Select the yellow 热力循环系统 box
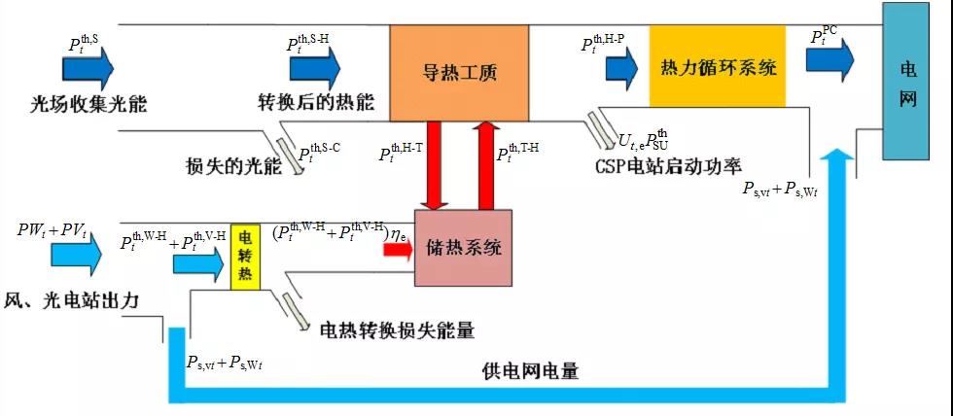(717, 69)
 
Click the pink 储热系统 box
(463, 247)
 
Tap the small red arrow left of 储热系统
(397, 249)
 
